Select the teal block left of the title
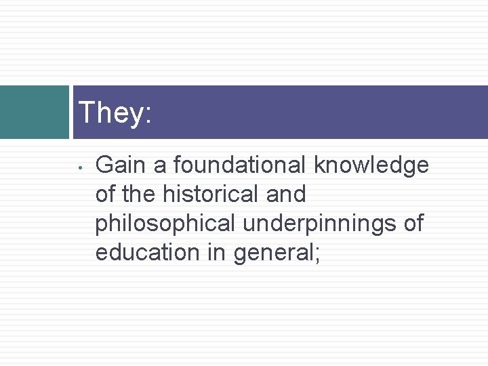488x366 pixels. tap(34, 112)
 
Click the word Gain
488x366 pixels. tap(120, 165)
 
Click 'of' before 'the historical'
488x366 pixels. tap(106, 194)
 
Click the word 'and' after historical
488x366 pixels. tap(287, 194)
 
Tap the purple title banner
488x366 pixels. tap(305, 113)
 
